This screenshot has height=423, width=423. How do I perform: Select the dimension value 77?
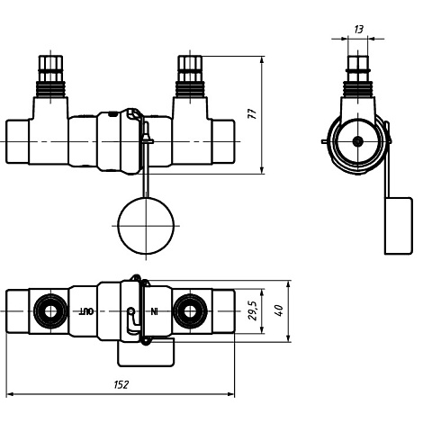(x=253, y=115)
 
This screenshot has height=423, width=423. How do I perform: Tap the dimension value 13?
(x=358, y=30)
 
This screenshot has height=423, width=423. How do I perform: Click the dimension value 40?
(x=279, y=310)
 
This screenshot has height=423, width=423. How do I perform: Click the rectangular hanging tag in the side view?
(x=398, y=225)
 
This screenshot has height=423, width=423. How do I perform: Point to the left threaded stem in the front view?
(x=51, y=76)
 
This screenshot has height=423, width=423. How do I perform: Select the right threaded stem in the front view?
(x=189, y=76)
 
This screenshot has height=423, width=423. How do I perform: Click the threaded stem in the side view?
(x=358, y=76)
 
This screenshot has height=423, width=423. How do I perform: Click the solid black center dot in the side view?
(x=358, y=141)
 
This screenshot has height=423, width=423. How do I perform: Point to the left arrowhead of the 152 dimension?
(x=10, y=394)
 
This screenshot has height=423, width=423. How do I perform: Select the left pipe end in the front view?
(x=20, y=141)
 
